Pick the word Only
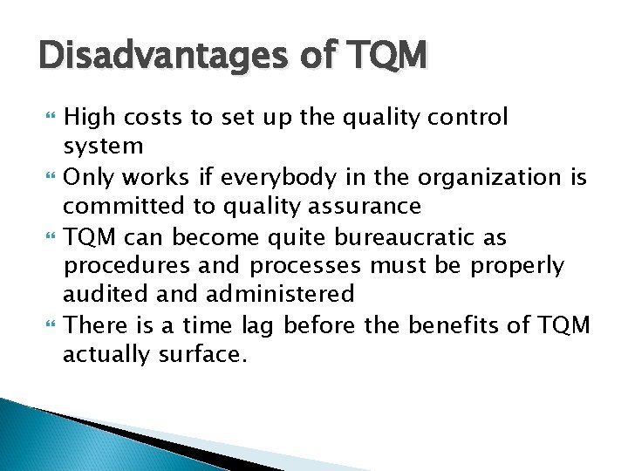point(91,177)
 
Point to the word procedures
point(122,266)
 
